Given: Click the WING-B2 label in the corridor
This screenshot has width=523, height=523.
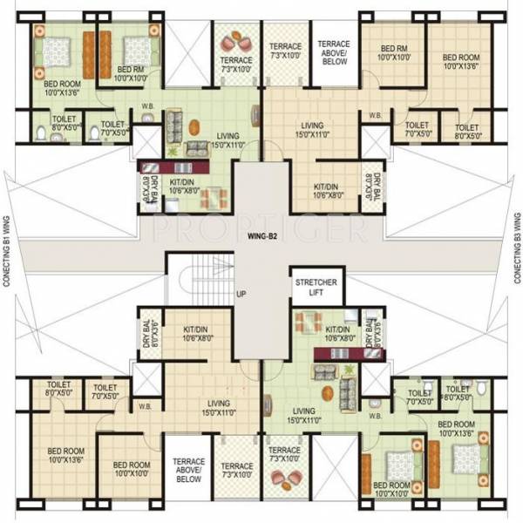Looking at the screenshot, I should click(261, 233).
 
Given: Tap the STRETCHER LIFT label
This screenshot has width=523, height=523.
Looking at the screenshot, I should click(317, 289).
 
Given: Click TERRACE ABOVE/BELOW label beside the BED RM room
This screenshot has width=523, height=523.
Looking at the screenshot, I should click(332, 52).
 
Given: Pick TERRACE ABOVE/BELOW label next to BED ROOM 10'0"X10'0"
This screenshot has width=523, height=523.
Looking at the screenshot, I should click(188, 472).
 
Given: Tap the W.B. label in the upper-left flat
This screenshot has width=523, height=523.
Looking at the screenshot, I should click(146, 110).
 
